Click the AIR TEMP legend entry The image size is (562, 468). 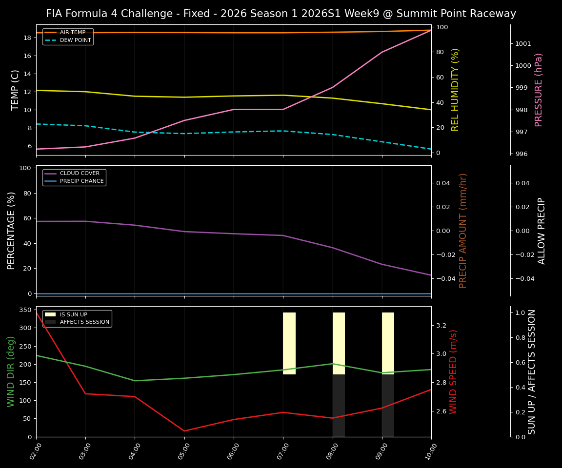[72, 33]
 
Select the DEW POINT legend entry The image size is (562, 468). [75, 40]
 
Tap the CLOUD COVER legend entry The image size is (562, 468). [80, 174]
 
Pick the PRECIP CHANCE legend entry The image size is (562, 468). [81, 181]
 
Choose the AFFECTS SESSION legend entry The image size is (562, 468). [84, 322]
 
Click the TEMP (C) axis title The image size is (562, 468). [15, 90]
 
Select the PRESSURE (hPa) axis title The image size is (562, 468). [539, 90]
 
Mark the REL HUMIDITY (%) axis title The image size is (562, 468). [455, 90]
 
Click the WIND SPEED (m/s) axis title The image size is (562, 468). [454, 371]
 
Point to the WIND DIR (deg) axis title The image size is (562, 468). [11, 371]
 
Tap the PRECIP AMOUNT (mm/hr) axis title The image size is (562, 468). [463, 231]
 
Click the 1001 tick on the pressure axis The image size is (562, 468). [523, 44]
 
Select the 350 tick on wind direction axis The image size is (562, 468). [26, 310]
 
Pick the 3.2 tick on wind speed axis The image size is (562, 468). [441, 325]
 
